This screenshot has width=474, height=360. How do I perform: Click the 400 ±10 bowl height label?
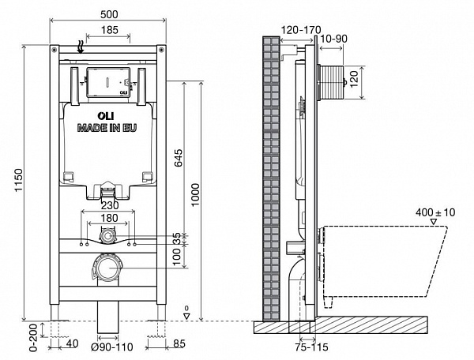(x=434, y=213)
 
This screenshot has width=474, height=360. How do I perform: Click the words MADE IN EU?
(x=106, y=127)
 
